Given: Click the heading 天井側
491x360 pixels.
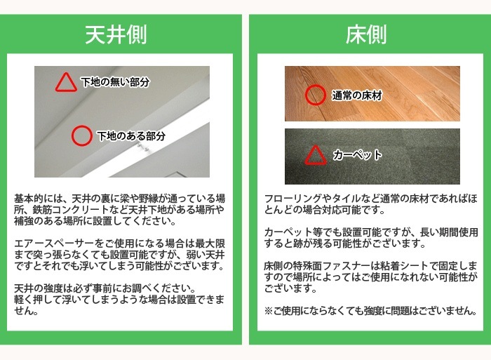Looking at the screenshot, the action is coord(116,34).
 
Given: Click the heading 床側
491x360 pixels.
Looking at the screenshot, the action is coord(366,34).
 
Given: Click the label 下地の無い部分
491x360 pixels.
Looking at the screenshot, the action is coord(115,82).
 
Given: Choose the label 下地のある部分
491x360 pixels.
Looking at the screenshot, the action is coord(131,136).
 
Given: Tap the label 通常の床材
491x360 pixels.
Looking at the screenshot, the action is coord(357,95).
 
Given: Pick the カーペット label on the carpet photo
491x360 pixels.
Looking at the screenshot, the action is coord(357,155).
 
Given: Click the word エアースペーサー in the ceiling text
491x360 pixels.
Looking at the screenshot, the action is coord(54,244).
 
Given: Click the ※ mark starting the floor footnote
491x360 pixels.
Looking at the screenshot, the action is coord(269,311).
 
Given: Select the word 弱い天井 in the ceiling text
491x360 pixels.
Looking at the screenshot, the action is coord(206,255).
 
